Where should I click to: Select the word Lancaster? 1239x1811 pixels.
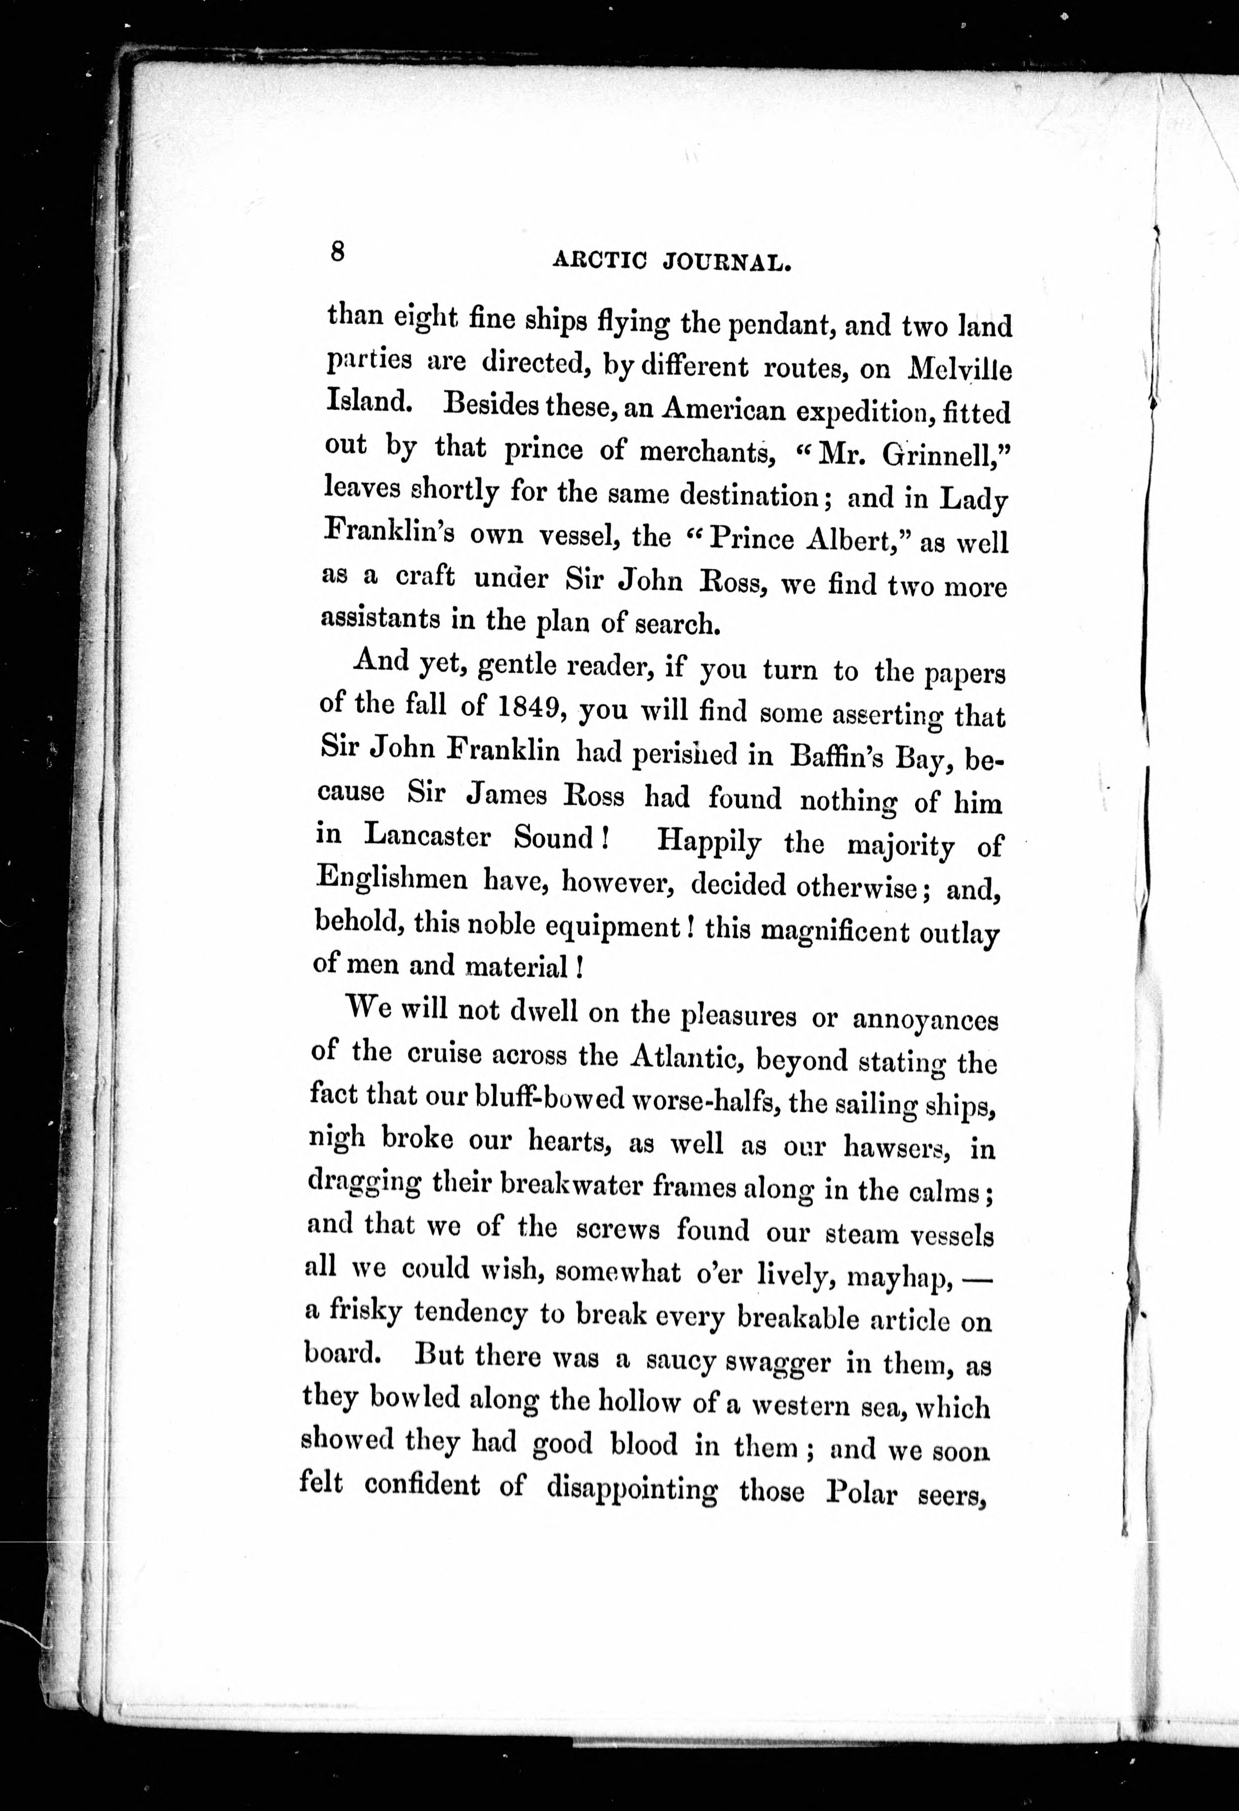tap(427, 836)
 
